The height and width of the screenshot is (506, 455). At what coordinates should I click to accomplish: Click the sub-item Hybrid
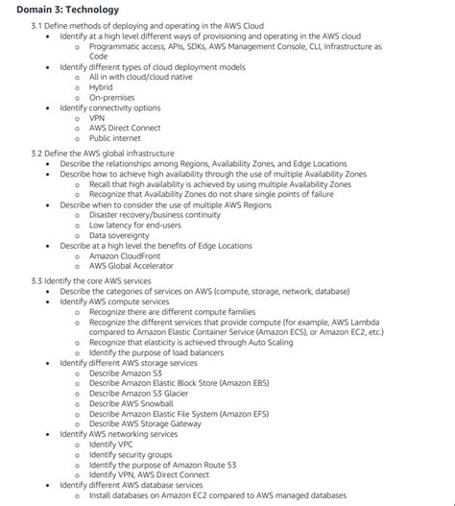(103, 87)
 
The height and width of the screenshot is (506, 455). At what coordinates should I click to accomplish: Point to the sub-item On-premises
(113, 98)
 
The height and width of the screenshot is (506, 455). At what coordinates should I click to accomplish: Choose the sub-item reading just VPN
(98, 119)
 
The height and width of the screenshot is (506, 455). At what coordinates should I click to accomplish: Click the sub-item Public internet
(116, 140)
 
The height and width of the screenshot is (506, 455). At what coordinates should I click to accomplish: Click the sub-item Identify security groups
(131, 456)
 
